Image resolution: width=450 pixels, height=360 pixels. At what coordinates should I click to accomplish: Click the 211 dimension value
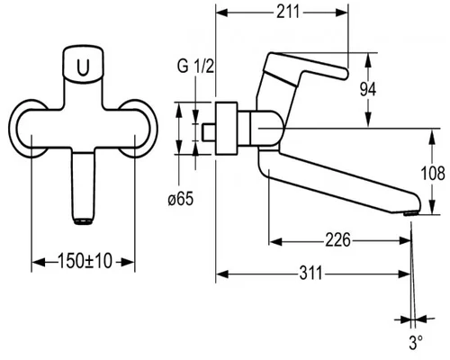[x=288, y=13]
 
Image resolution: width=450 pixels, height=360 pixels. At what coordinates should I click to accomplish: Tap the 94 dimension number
[x=368, y=89]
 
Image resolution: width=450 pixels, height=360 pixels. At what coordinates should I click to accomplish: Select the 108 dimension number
[x=433, y=173]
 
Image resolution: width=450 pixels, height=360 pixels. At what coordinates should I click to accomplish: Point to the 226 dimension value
[x=338, y=240]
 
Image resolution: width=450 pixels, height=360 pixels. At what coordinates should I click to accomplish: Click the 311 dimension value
[x=310, y=274]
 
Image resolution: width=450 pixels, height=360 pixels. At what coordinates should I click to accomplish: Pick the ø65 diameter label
[x=181, y=199]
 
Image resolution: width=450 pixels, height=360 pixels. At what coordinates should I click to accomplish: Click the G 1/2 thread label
[x=195, y=67]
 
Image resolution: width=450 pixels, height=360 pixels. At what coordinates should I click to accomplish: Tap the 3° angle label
[x=416, y=342]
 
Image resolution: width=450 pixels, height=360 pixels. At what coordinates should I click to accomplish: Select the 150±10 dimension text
[x=85, y=261]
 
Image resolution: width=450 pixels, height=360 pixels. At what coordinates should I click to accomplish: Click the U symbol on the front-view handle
[x=83, y=67]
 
